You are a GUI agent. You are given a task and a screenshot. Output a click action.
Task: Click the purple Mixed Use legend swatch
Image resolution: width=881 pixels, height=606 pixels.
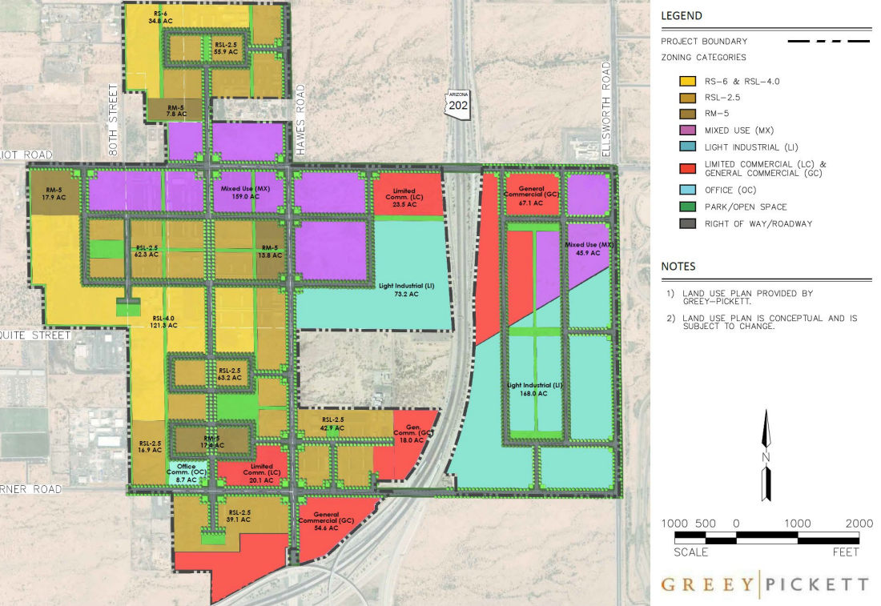686,130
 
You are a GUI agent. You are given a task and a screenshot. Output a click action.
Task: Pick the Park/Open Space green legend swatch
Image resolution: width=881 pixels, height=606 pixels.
686,207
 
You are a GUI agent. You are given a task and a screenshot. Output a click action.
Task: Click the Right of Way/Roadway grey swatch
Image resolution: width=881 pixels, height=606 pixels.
686,223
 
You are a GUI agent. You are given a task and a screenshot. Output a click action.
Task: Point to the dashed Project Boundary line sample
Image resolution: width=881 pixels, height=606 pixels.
829,41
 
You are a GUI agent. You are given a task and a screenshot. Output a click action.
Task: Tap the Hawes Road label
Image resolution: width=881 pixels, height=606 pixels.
300,119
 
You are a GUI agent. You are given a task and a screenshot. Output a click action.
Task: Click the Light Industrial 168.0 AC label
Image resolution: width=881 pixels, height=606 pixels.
536,389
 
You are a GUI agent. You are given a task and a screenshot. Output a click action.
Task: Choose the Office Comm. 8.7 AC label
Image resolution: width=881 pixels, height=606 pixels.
187,472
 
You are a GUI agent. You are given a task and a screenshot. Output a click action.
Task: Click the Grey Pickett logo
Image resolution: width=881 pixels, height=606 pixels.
764,584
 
